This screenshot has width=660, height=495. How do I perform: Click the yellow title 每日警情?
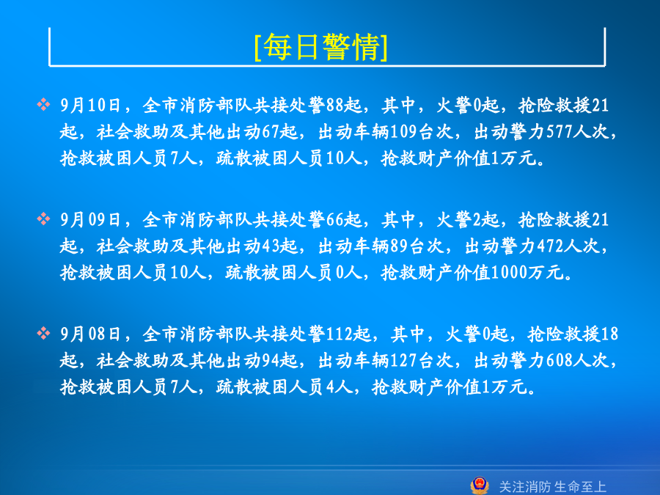click(321, 47)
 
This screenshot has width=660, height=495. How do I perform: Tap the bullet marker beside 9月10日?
click(43, 104)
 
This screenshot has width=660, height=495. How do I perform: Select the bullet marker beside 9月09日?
click(43, 219)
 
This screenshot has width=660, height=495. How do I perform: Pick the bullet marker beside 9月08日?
click(43, 334)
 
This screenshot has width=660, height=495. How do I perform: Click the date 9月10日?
click(90, 105)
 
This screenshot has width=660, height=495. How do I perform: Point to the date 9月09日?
click(90, 220)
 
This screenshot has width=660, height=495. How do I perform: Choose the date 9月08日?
click(90, 334)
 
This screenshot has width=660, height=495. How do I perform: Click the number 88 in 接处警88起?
click(334, 105)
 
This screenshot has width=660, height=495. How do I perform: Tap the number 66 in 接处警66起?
click(334, 220)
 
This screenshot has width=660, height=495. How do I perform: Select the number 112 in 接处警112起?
click(340, 334)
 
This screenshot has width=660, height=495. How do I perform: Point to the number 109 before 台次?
click(403, 132)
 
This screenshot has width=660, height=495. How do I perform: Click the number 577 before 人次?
click(560, 132)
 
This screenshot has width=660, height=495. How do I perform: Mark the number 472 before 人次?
click(550, 246)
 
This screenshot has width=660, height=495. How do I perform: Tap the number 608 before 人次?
click(560, 361)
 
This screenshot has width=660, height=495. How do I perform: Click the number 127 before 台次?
click(403, 361)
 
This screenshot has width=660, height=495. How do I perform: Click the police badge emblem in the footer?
click(480, 485)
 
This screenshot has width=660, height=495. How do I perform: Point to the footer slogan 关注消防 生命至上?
click(552, 487)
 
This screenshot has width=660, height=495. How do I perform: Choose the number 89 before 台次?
click(399, 246)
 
